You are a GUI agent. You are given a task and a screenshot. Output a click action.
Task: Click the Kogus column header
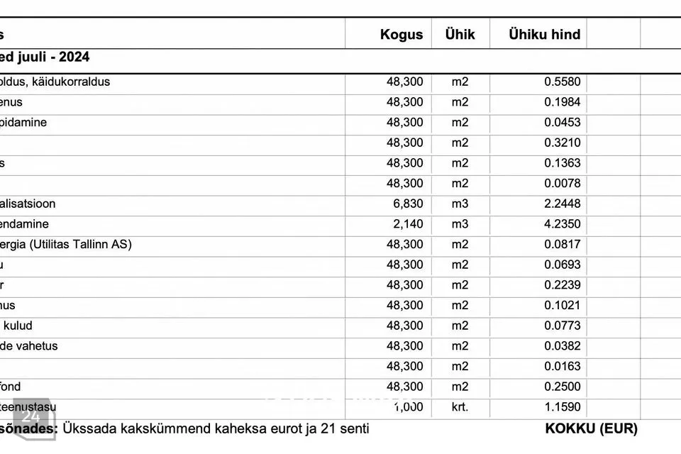point(401,34)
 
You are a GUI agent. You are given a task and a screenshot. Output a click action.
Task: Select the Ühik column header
point(460,34)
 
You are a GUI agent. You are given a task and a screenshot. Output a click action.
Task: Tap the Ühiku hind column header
point(544,34)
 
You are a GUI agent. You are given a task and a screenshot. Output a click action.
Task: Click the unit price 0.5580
point(562,82)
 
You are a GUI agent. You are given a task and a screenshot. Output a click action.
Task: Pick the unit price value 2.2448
point(562,204)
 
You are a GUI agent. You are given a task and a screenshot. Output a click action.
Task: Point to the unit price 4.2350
point(562,224)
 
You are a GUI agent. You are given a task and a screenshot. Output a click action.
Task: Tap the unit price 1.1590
point(562,407)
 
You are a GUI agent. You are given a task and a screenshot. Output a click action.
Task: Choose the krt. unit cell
point(460,407)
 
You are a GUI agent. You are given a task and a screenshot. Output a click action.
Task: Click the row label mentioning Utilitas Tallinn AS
point(67,245)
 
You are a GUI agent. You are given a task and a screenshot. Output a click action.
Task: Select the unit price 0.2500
point(562,387)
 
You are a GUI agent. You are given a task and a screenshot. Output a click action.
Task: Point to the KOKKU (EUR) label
point(591,428)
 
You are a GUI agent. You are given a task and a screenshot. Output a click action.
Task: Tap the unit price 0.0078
point(562,183)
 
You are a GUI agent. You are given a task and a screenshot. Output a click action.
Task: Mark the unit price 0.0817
point(562,245)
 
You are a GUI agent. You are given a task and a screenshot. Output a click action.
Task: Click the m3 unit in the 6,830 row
point(460,204)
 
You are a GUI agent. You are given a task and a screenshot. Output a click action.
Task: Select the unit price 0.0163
point(562,366)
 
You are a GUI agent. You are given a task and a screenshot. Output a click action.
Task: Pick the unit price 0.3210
point(562,143)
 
